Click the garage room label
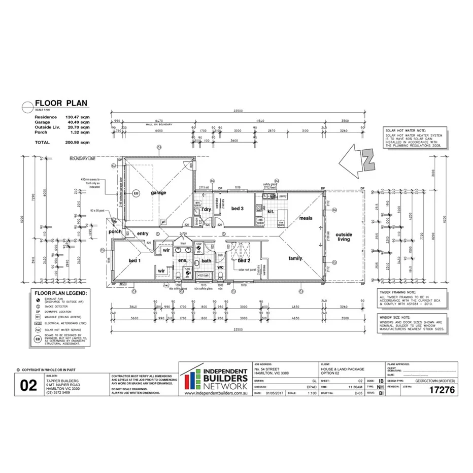pyautogui.click(x=158, y=193)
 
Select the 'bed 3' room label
pyautogui.click(x=238, y=209)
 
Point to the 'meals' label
pyautogui.click(x=306, y=218)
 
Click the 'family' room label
pyautogui.click(x=295, y=258)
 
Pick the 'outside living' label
pyautogui.click(x=344, y=236)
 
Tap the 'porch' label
pyautogui.click(x=115, y=231)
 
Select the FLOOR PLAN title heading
pyautogui.click(x=61, y=104)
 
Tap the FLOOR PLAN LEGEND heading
pyautogui.click(x=60, y=293)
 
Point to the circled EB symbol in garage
pyautogui.click(x=136, y=193)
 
